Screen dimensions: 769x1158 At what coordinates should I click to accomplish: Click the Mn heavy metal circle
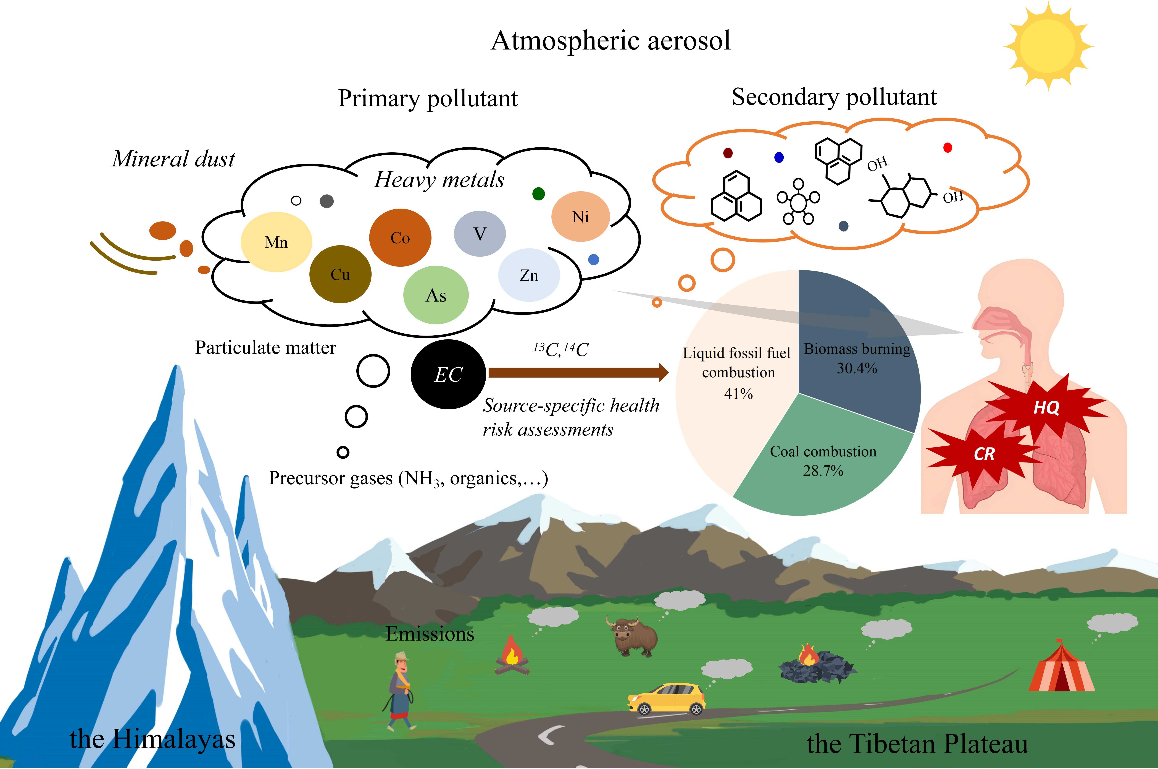tap(276, 242)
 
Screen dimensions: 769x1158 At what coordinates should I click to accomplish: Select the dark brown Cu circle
tap(340, 274)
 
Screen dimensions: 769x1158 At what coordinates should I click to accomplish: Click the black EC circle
tap(448, 374)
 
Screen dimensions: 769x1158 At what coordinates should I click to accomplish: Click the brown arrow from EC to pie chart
tap(578, 373)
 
